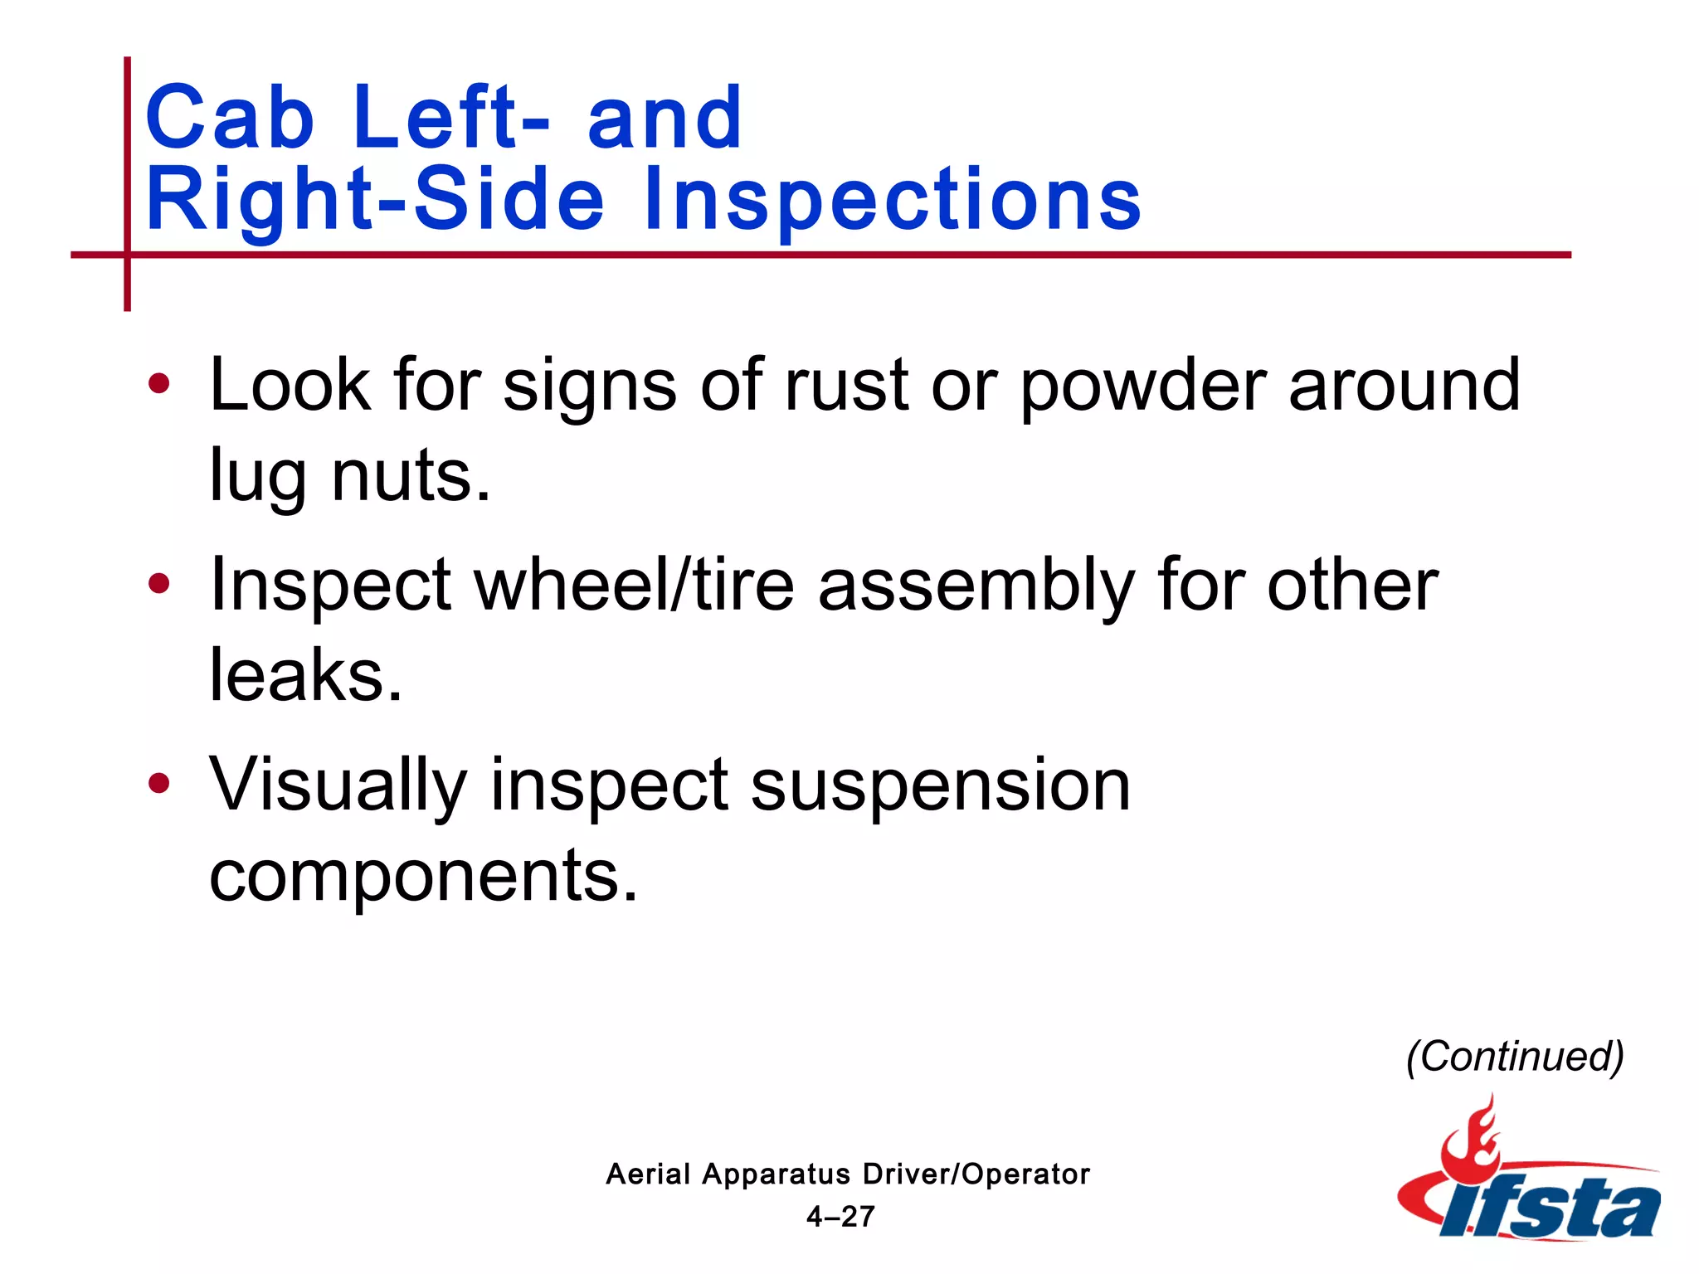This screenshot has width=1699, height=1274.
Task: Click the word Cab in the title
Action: pyautogui.click(x=230, y=118)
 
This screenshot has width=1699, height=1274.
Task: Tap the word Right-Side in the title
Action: pyautogui.click(x=375, y=199)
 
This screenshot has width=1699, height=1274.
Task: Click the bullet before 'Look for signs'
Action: pyautogui.click(x=158, y=383)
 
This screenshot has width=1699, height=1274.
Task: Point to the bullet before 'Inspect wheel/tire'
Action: pyautogui.click(x=158, y=583)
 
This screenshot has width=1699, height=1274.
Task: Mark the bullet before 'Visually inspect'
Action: pyautogui.click(x=158, y=783)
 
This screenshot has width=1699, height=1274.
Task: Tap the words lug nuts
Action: pyautogui.click(x=349, y=476)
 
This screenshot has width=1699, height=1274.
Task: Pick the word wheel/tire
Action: pyautogui.click(x=634, y=585)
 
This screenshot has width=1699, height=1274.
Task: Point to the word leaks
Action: pyautogui.click(x=305, y=675)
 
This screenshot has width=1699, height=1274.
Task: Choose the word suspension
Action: pyautogui.click(x=941, y=786)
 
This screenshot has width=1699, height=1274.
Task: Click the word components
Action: pyautogui.click(x=423, y=876)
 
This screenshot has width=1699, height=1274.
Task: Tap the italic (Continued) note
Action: pyautogui.click(x=1515, y=1057)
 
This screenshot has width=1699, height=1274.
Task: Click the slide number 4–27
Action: pyautogui.click(x=840, y=1216)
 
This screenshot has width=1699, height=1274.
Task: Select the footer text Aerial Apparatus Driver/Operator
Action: pyautogui.click(x=848, y=1174)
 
